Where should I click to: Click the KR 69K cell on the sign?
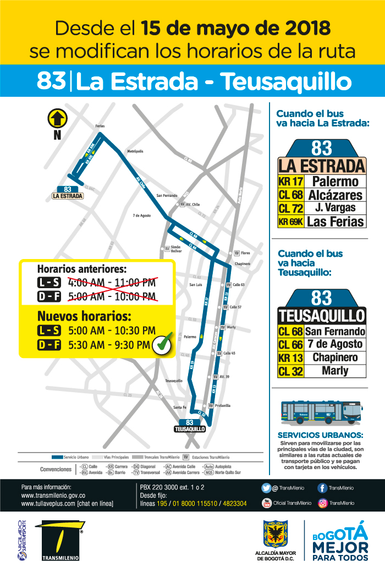point(291,222)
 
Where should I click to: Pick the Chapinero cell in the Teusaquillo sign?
point(335,357)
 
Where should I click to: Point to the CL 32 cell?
point(290,371)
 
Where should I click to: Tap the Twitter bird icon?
point(267,488)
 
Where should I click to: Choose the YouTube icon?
point(267,503)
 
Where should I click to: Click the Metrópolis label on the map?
point(135,151)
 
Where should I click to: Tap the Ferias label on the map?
point(100,126)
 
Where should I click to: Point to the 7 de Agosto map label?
point(141,215)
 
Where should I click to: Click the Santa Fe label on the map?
point(180,407)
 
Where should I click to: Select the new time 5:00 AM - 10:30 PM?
point(112,331)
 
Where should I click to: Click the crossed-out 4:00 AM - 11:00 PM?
point(112,283)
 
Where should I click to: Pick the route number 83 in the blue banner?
point(52,81)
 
